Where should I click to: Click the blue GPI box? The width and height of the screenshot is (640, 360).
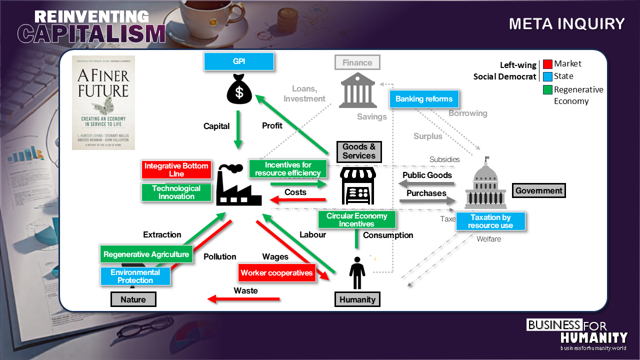(x=239, y=61)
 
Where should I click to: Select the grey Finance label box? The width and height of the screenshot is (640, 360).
(x=357, y=62)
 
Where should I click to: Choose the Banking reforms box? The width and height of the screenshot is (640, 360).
(x=424, y=99)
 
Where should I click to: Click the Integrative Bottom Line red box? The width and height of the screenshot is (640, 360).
(x=176, y=170)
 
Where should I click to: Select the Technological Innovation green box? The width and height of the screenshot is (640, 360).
(x=176, y=192)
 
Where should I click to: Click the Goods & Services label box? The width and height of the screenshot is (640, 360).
(x=359, y=151)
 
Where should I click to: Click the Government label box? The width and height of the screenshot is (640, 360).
(x=539, y=190)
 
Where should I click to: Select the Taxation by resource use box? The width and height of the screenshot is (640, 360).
(x=490, y=221)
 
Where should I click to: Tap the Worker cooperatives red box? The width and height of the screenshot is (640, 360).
(x=276, y=273)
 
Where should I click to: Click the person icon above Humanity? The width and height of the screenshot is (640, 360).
(x=356, y=272)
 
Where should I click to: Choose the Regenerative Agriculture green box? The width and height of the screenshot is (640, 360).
(x=146, y=254)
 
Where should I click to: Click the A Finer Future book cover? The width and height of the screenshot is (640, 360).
(x=103, y=102)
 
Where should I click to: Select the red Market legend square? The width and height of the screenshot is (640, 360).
(x=547, y=64)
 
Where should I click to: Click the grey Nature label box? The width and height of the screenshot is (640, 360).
(x=133, y=299)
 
